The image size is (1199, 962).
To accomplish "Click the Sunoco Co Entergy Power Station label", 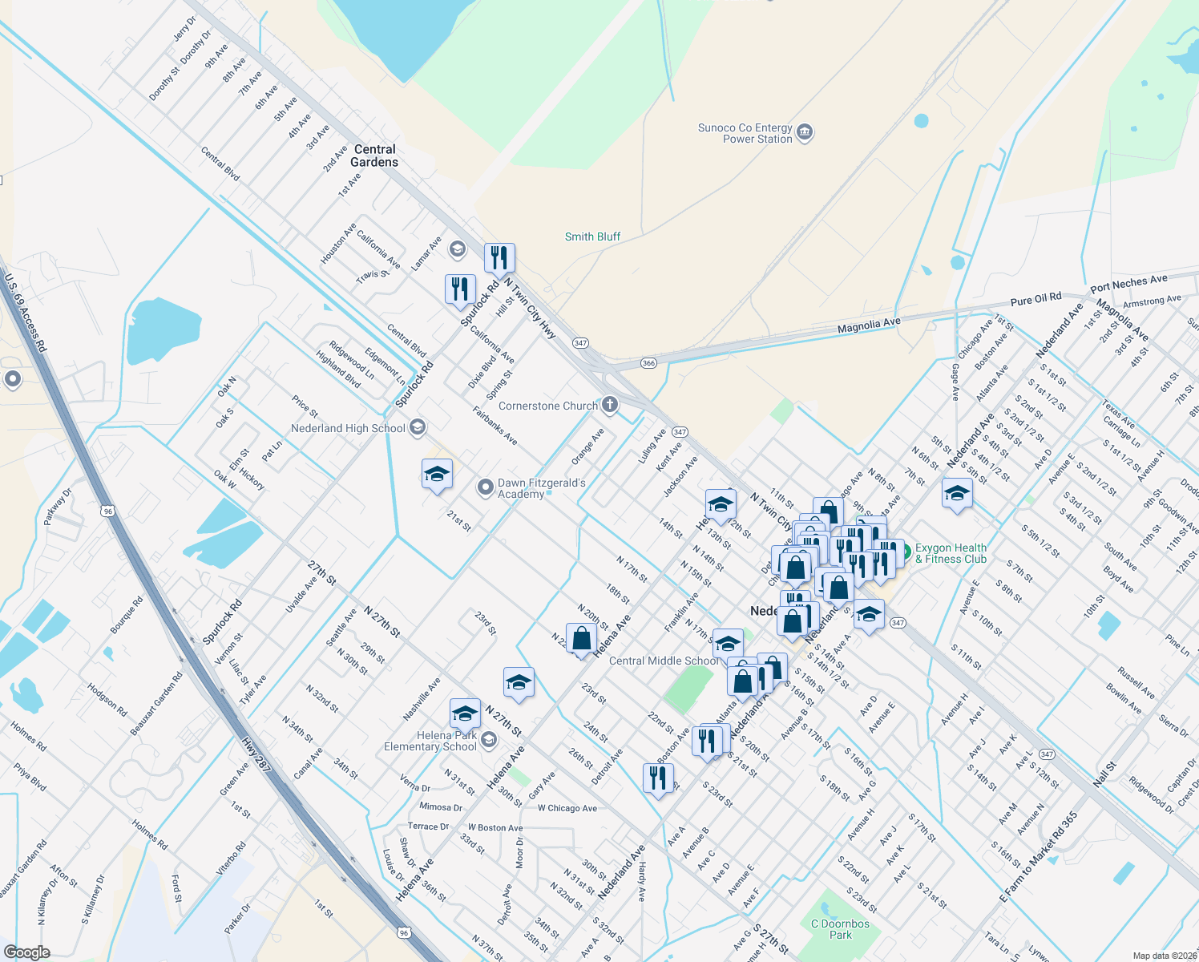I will point(745,133).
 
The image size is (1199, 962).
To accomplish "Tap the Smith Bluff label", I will point(592,236).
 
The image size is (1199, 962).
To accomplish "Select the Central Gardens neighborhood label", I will point(374,156).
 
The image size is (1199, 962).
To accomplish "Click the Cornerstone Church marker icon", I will point(610,405).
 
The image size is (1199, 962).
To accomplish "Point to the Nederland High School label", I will point(348,428).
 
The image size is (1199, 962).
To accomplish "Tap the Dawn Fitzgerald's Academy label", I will point(541,488).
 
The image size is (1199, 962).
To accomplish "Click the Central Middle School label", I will point(664,661).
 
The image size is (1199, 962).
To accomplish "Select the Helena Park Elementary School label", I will point(430,741).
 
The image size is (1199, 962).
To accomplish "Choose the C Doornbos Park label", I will point(840,929).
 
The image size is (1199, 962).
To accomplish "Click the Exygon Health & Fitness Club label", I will point(951,553).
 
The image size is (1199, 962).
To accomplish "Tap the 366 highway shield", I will point(648,363).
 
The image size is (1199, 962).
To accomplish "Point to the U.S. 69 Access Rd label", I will point(26,313).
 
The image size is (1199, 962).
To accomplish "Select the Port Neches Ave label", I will point(1128,283).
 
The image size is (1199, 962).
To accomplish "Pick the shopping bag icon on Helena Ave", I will point(581,639).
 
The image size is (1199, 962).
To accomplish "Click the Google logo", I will point(26,952).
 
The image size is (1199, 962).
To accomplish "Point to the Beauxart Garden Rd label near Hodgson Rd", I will point(156,703).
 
